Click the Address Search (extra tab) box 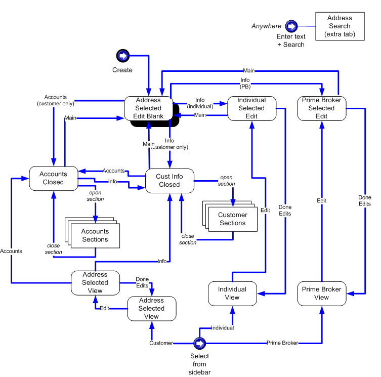pos(339,26)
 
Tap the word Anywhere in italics pos(266,26)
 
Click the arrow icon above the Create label pos(122,56)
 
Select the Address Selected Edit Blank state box pos(148,108)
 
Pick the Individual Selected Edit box pos(251,108)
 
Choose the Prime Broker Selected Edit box pos(321,108)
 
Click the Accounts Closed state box pos(53,178)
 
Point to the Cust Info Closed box pos(170,181)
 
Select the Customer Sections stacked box pos(232,219)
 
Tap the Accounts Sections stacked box pos(95,235)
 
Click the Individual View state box pos(232,294)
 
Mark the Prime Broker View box pos(321,294)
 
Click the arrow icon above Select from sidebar pos(199,344)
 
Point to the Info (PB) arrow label pos(245,82)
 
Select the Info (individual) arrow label pos(200,103)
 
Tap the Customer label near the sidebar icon pos(161,343)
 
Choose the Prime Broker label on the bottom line pos(282,343)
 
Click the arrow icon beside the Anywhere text pos(291,26)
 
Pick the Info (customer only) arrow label pos(170,144)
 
